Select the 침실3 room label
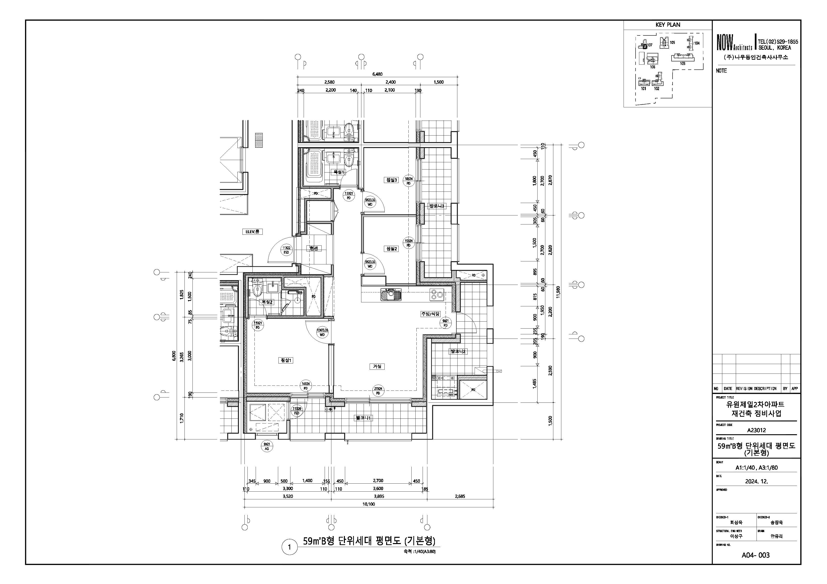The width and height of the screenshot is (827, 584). click(x=392, y=180)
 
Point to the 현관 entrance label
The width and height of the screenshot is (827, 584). click(x=313, y=248)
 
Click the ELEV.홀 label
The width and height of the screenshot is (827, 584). click(x=252, y=232)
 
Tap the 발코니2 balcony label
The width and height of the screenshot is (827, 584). click(x=457, y=351)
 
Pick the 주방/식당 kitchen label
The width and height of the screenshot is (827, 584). click(x=430, y=314)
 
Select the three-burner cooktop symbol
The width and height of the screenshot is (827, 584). click(x=437, y=295)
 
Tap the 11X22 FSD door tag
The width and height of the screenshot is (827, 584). click(x=286, y=250)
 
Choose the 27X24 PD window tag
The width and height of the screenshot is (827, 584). click(x=378, y=391)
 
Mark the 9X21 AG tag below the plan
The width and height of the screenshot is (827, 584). click(x=267, y=446)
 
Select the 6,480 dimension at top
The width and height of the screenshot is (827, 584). click(x=377, y=74)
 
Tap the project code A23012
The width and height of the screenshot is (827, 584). click(x=757, y=430)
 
